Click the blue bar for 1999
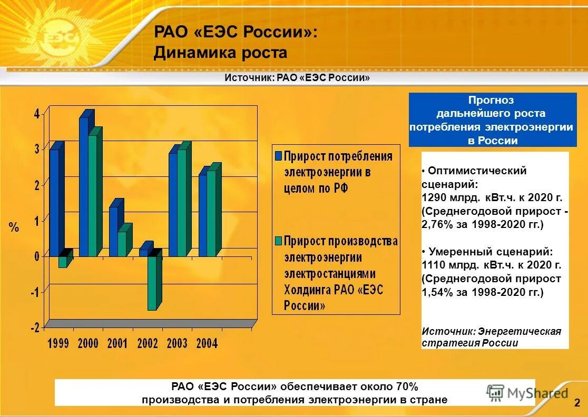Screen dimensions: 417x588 point(54,203)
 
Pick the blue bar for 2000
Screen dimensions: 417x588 point(84,187)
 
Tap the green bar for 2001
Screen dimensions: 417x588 point(122,243)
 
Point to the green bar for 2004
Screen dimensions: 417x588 point(211,213)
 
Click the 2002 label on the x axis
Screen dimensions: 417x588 point(148,343)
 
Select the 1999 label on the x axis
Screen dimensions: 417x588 point(58,343)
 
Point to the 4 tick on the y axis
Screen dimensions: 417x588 point(37,114)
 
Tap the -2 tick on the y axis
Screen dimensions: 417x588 point(35,327)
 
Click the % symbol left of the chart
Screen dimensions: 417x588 point(14,227)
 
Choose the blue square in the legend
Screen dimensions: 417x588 point(278,156)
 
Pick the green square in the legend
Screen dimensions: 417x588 point(278,241)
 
